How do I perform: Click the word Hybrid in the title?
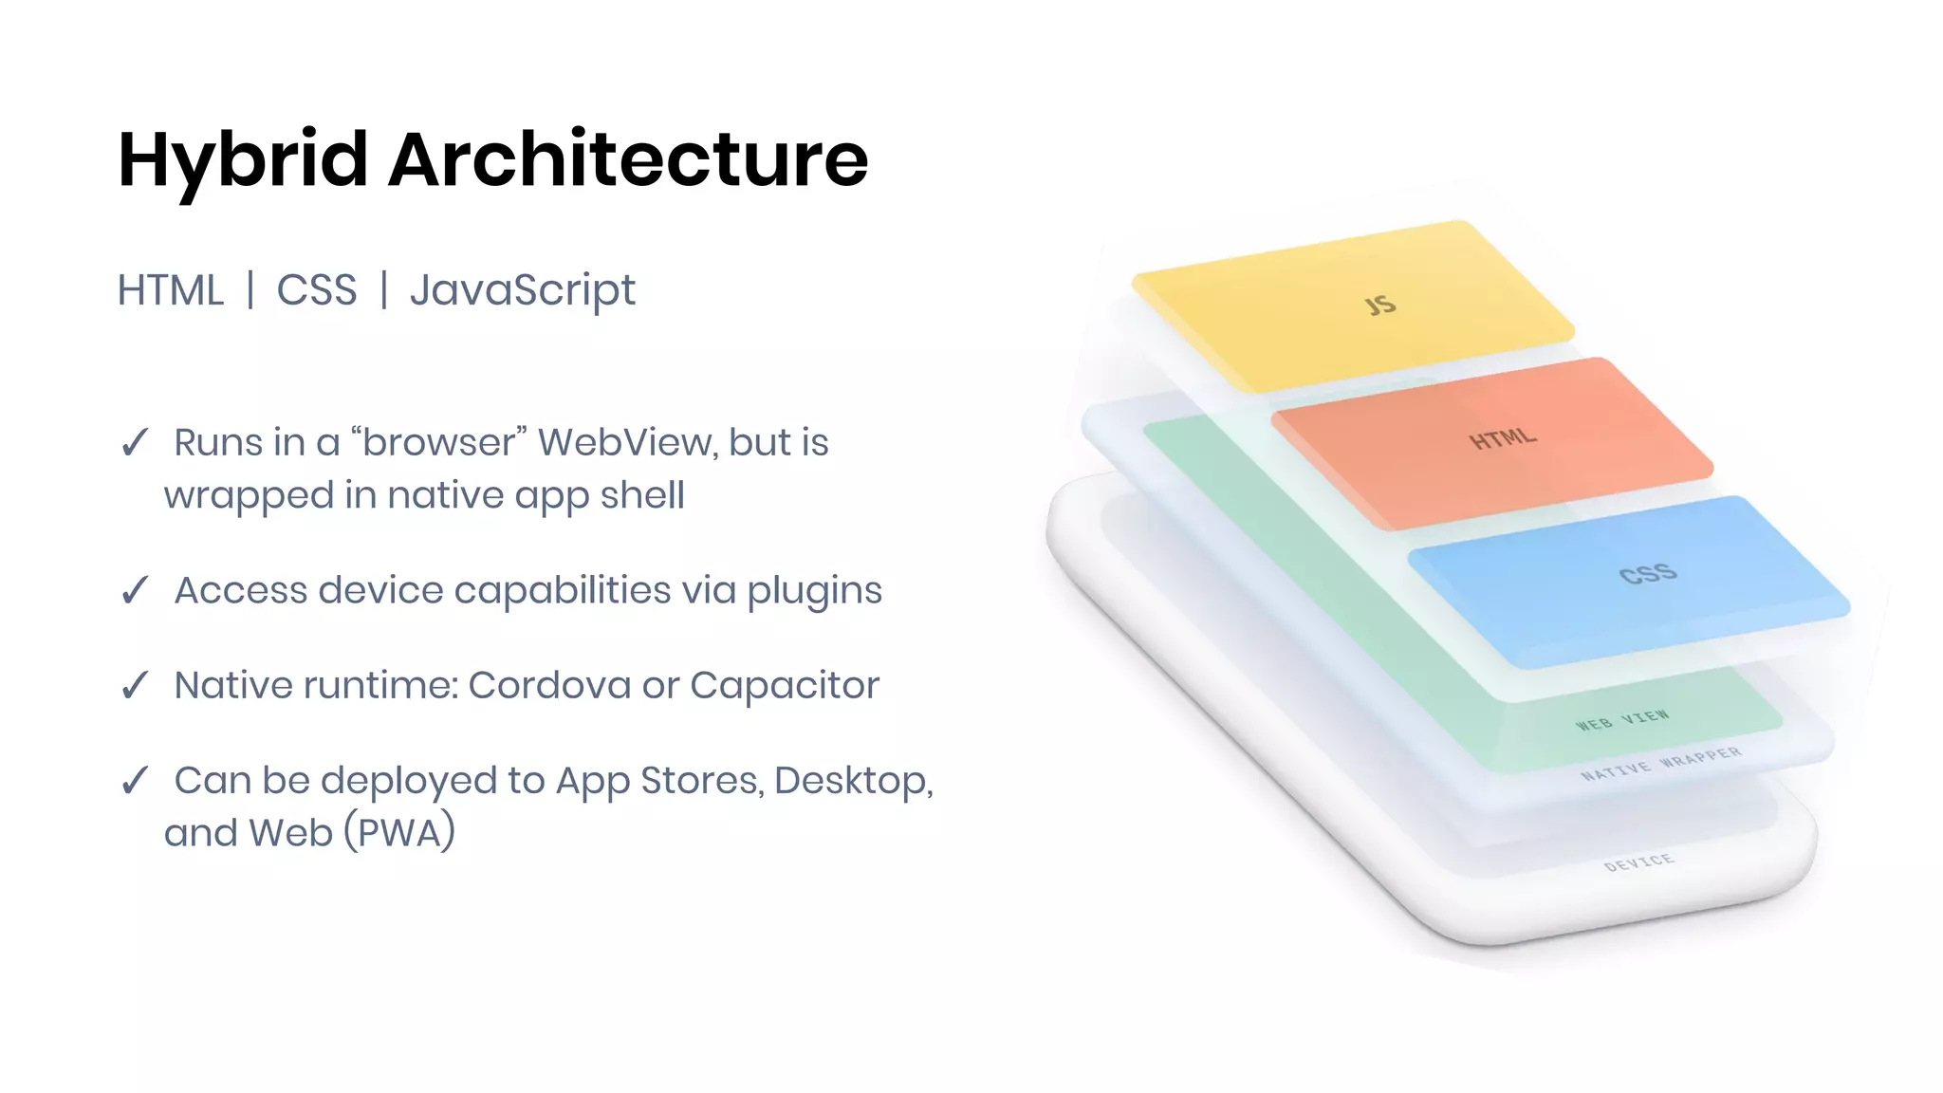tap(242, 159)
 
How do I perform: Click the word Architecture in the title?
tap(628, 159)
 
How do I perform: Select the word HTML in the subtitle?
tap(171, 290)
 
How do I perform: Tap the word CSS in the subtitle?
tap(317, 290)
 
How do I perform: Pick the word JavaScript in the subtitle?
tap(522, 290)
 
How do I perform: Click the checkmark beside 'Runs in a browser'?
tap(135, 442)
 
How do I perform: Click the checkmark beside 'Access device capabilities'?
tap(135, 590)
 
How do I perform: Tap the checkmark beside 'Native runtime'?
tap(135, 685)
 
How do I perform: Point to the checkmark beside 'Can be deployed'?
tap(135, 780)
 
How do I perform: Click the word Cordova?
tap(548, 685)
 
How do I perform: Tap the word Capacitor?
tap(785, 685)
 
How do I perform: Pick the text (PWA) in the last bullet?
tap(398, 833)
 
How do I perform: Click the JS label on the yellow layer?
tap(1380, 305)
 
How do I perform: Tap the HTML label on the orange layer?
tap(1503, 438)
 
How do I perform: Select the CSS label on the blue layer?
tap(1648, 574)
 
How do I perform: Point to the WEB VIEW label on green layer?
tap(1622, 720)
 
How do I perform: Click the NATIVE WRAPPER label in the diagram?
tap(1661, 764)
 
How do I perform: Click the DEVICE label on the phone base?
tap(1638, 862)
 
